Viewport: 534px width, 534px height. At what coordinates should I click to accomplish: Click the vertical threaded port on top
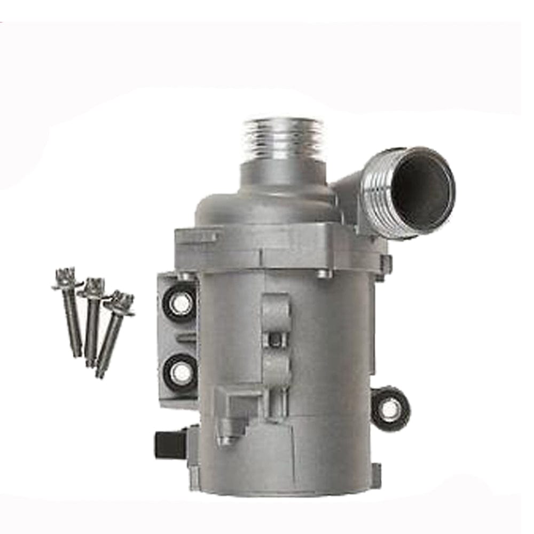tap(284, 138)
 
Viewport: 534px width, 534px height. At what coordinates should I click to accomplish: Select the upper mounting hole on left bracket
tap(180, 304)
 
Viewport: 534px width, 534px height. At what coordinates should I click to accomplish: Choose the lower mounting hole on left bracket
tap(180, 373)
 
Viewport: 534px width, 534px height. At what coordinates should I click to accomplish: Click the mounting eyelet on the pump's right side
tap(391, 409)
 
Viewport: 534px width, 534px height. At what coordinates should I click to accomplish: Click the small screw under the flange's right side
tap(323, 274)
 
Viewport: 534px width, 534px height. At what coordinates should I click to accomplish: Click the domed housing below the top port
tap(267, 206)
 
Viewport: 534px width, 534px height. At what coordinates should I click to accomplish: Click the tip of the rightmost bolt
tap(99, 374)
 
